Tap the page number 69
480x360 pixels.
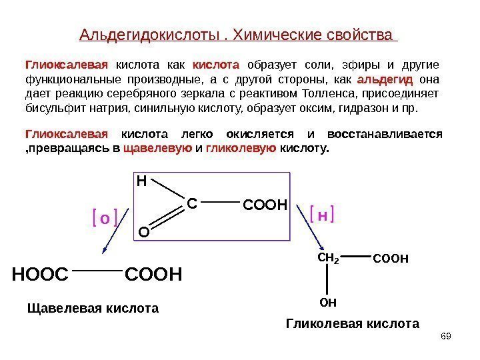pyautogui.click(x=446, y=335)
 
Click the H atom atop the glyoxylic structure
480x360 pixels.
pyautogui.click(x=141, y=181)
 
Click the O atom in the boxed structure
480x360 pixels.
pyautogui.click(x=143, y=232)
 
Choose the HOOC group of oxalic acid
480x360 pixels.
pyautogui.click(x=40, y=274)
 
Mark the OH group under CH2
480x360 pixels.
pyautogui.click(x=328, y=303)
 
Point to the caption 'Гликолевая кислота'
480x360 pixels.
pyautogui.click(x=353, y=324)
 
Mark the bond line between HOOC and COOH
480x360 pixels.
pyautogui.click(x=97, y=271)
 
